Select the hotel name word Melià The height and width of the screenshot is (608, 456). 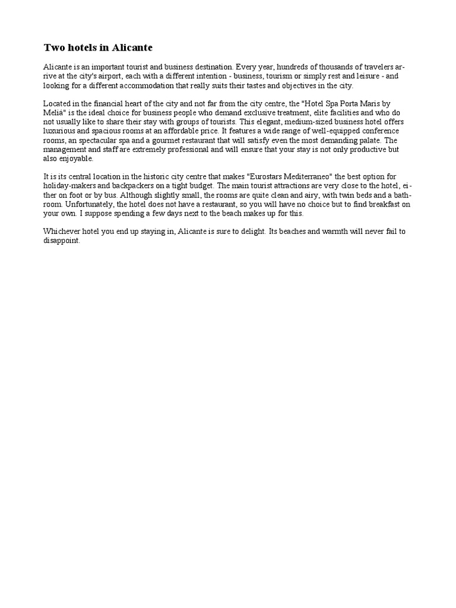[x=55, y=112]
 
